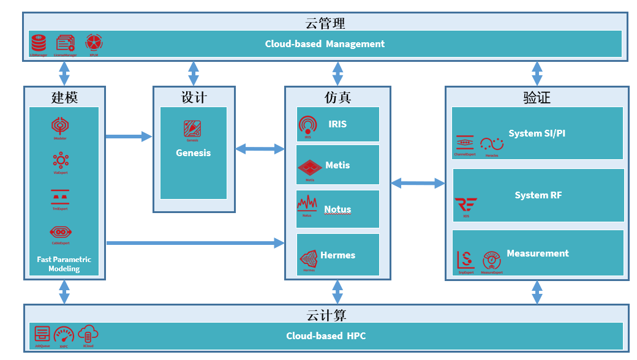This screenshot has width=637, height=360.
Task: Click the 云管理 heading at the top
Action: click(325, 23)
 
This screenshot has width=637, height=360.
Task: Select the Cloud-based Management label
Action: click(325, 44)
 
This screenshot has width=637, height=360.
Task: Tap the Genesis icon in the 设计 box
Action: click(192, 129)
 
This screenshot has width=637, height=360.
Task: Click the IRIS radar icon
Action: click(307, 125)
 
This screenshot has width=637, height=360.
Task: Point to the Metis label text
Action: click(337, 165)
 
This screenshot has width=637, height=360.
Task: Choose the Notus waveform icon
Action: click(307, 204)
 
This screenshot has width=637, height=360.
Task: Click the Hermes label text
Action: click(337, 255)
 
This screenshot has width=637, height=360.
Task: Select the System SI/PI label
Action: click(537, 133)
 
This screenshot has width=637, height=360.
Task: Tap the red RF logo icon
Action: click(466, 204)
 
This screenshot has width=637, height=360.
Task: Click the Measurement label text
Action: click(538, 253)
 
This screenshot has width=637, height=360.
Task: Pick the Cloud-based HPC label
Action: click(326, 336)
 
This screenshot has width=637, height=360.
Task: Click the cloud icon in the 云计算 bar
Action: click(88, 334)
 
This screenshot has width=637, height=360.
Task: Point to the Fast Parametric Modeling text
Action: click(64, 264)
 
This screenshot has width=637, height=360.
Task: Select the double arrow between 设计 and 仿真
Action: click(260, 148)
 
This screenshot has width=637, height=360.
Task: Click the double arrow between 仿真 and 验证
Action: click(418, 182)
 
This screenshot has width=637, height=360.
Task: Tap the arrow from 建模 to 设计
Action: click(129, 137)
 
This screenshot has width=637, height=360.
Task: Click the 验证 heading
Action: click(537, 97)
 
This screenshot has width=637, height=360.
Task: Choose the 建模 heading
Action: click(64, 97)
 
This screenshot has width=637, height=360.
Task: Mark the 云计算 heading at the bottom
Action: click(326, 315)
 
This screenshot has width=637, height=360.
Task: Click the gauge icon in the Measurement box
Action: click(492, 260)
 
